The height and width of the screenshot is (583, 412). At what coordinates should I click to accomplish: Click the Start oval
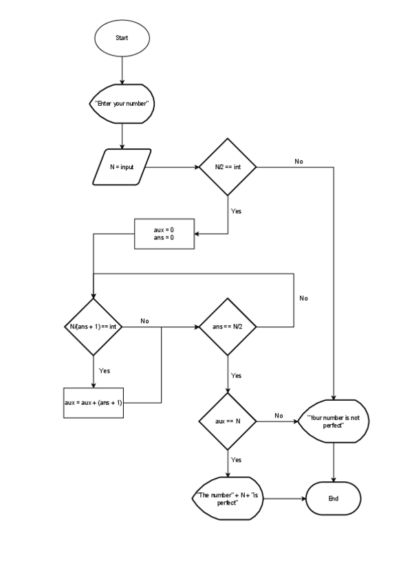click(x=122, y=38)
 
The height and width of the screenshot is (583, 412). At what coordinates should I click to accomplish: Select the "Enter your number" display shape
click(x=122, y=104)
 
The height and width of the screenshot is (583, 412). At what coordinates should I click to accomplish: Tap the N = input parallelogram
click(x=122, y=167)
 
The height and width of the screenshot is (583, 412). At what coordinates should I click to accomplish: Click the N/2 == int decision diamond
click(x=227, y=167)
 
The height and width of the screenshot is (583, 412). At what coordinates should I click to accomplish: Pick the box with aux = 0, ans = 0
click(x=164, y=234)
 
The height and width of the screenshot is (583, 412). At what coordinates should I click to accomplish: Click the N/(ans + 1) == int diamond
click(x=92, y=327)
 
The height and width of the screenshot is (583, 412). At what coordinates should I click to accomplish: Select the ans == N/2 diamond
click(x=227, y=327)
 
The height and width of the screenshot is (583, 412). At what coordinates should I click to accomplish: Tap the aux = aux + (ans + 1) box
click(x=92, y=403)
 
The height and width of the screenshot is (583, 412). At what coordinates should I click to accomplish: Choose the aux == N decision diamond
click(x=227, y=420)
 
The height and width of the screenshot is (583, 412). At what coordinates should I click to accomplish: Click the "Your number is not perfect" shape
click(x=334, y=421)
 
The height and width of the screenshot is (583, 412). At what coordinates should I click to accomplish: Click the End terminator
click(x=334, y=498)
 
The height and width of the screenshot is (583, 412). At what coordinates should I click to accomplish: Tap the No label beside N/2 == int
click(x=299, y=162)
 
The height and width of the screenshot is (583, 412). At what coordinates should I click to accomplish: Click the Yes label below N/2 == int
click(x=236, y=211)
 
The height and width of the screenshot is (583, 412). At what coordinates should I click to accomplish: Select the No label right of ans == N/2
click(x=303, y=298)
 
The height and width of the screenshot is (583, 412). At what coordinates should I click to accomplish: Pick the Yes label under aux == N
click(x=236, y=459)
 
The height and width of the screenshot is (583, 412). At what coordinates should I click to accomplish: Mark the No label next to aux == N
click(x=279, y=415)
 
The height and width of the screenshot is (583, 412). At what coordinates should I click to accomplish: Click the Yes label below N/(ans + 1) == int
click(x=105, y=371)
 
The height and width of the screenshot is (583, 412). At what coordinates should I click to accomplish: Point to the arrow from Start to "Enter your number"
click(x=122, y=69)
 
